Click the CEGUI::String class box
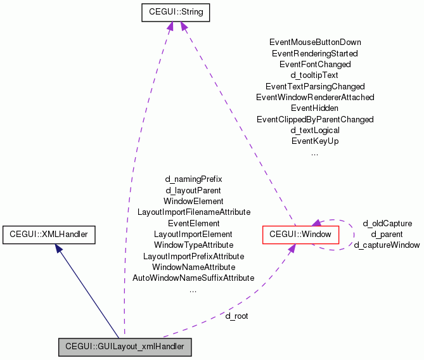(x=176, y=11)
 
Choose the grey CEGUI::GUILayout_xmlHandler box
(x=124, y=347)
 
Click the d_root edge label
(x=236, y=316)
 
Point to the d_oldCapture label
(x=387, y=223)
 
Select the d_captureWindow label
(x=387, y=245)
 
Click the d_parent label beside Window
(x=387, y=234)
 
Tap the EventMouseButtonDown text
(x=315, y=42)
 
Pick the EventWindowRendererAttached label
(x=315, y=97)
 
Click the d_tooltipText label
(x=315, y=75)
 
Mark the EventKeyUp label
(x=315, y=141)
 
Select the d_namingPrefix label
(x=193, y=179)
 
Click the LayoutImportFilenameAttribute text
(x=193, y=212)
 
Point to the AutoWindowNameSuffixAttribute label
(x=193, y=278)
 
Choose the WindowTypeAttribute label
(x=193, y=245)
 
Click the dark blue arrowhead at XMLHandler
(x=59, y=250)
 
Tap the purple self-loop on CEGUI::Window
(x=352, y=233)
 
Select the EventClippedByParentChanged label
(x=315, y=119)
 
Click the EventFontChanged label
(x=315, y=64)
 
